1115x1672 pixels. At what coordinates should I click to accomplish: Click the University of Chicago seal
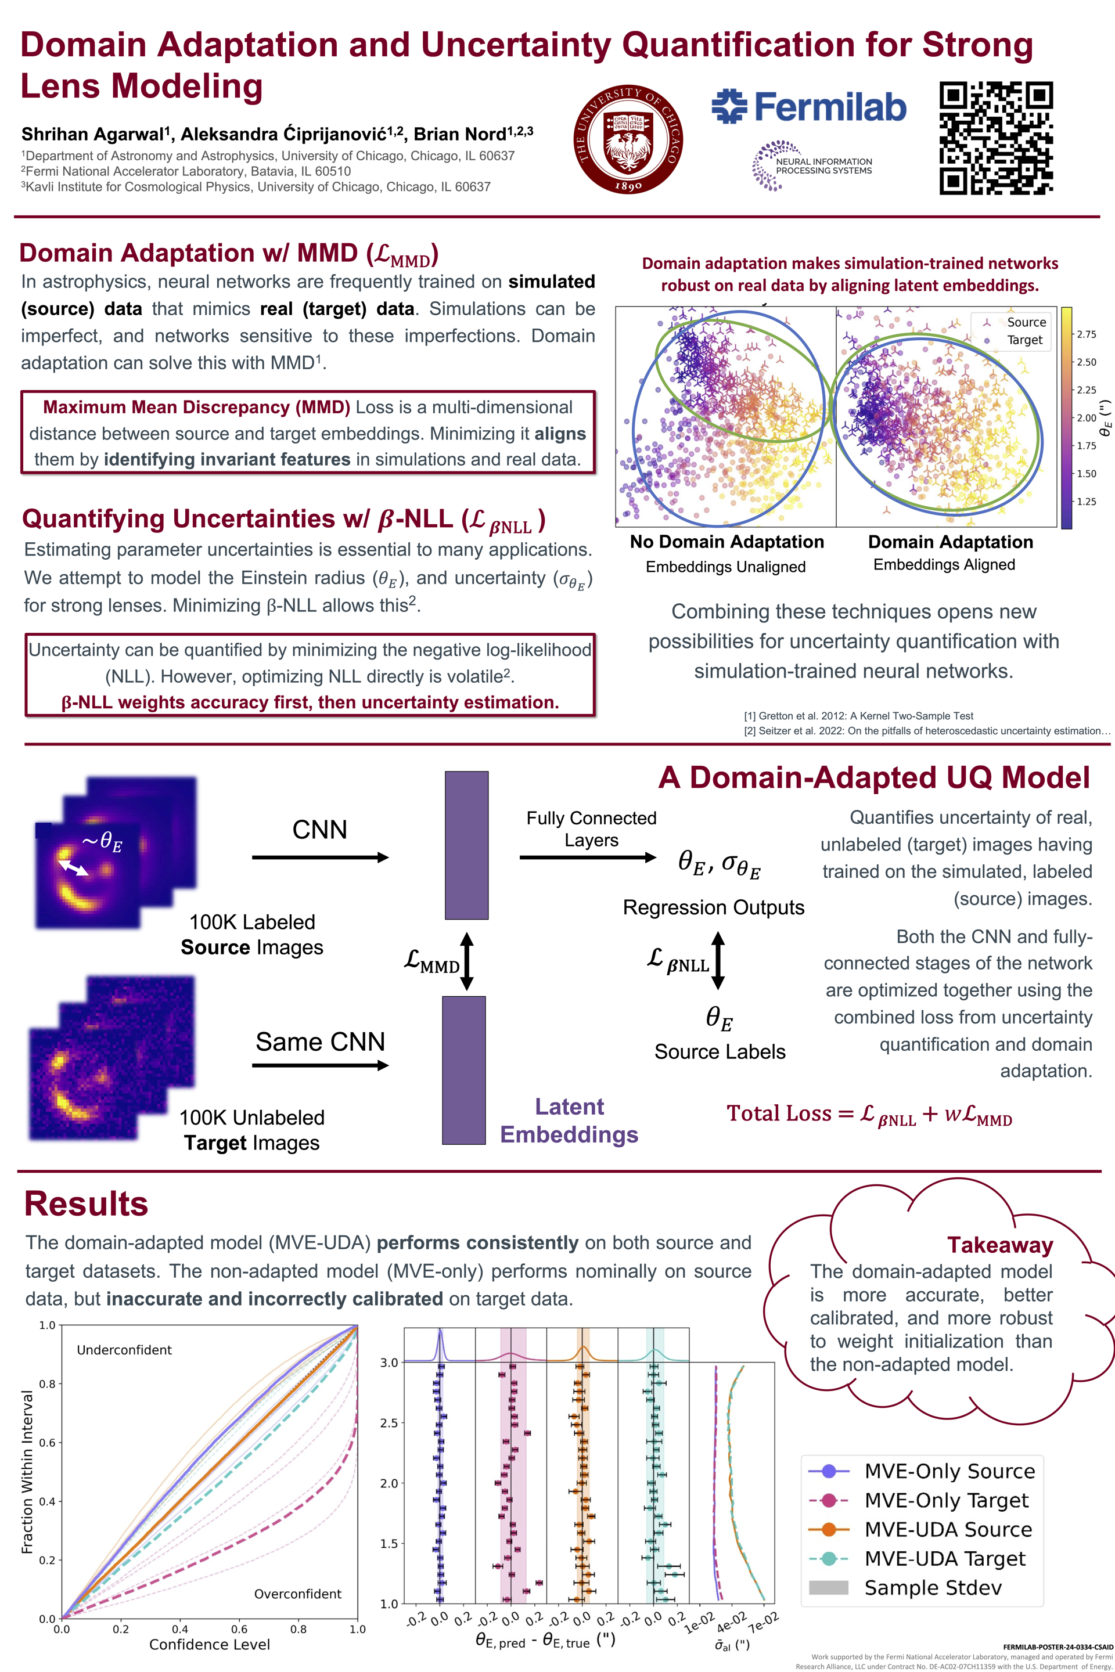coord(628,140)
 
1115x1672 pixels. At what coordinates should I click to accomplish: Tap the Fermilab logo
coord(808,107)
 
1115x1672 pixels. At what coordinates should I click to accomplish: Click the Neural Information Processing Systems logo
coord(811,165)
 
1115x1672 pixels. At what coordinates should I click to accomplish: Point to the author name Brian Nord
coord(472,134)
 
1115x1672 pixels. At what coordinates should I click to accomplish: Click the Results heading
coord(86,1203)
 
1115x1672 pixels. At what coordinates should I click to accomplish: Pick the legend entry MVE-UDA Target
coord(944,1558)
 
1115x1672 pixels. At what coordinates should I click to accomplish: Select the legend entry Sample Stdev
coord(932,1587)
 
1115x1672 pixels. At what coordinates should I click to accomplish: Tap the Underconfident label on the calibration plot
coord(124,1350)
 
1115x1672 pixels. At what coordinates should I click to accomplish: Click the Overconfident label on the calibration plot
coord(297,1594)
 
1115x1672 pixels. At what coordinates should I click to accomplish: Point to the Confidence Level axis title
coord(210,1644)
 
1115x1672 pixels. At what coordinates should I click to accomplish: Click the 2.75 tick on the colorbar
coord(1086,334)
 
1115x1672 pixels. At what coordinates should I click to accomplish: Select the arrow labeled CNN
coord(320,857)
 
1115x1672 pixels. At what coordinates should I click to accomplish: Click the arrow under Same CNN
coord(320,1065)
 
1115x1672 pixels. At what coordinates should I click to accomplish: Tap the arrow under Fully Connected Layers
coord(587,857)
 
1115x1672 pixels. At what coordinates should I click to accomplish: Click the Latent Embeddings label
coord(569,1120)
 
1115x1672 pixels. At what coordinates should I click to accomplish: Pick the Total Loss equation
coord(869,1114)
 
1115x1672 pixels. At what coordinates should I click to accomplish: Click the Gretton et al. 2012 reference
coord(858,716)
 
